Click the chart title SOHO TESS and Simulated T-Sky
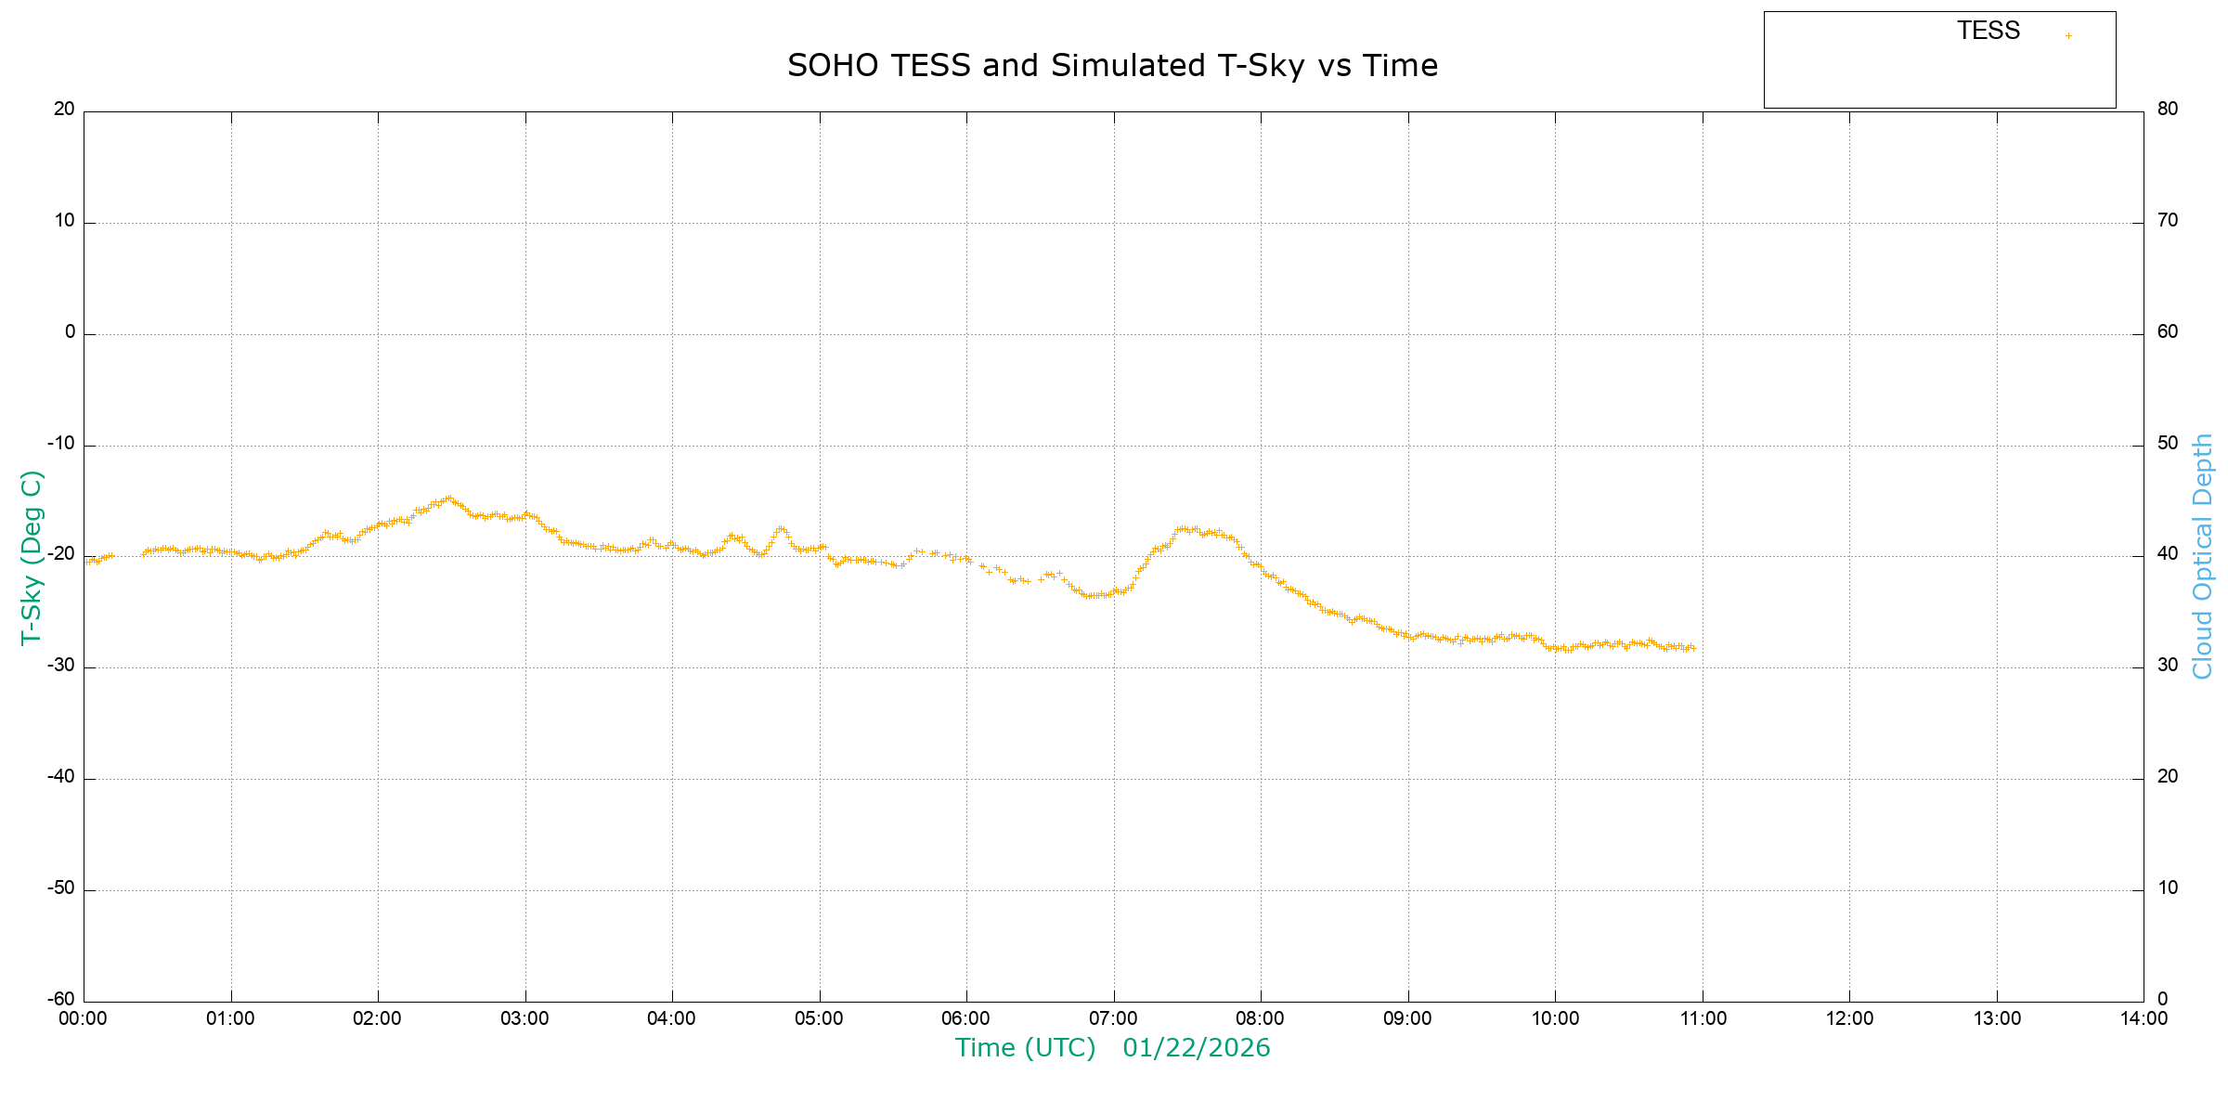point(1112,66)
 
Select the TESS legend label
point(1988,32)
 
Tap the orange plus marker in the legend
point(2068,36)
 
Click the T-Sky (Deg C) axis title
point(32,557)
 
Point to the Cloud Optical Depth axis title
point(2202,557)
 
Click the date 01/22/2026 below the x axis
point(1196,1048)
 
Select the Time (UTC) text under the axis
point(1025,1048)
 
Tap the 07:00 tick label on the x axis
point(1113,1018)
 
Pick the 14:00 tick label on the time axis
point(2143,1018)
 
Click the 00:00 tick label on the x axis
point(84,1018)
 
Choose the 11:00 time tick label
point(1703,1018)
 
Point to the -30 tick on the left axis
point(61,666)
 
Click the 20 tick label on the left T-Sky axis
point(64,109)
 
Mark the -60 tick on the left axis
point(61,999)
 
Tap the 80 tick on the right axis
point(2167,109)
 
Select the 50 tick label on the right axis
point(2167,443)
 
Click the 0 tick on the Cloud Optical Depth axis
point(2162,999)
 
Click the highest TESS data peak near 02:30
point(448,498)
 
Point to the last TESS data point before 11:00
point(1693,648)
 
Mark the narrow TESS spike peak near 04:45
point(781,528)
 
